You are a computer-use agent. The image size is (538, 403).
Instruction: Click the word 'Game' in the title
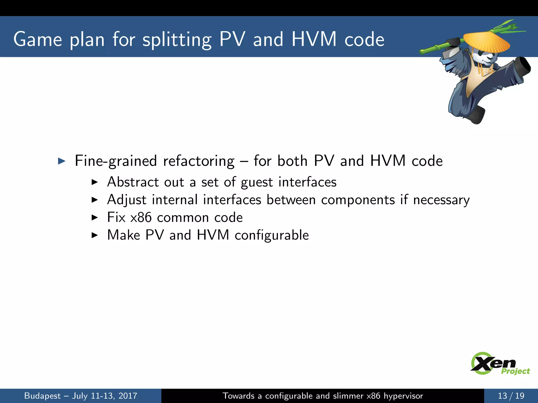point(38,39)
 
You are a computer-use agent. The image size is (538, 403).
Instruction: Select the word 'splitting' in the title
point(177,40)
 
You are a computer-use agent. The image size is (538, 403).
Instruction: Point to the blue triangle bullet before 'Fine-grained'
point(61,161)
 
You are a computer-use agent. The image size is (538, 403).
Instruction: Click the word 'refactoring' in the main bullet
point(199,161)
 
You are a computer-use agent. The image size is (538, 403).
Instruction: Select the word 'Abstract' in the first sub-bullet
point(133,182)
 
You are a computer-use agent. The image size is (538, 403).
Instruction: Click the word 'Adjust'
point(127,200)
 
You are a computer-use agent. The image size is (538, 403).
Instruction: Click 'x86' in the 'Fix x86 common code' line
point(141,218)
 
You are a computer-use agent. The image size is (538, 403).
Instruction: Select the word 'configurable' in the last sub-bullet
point(272,235)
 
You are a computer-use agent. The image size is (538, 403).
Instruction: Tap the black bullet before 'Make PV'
point(94,235)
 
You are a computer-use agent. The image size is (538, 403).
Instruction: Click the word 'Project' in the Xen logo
point(515,371)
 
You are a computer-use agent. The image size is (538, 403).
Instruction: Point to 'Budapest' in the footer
point(42,396)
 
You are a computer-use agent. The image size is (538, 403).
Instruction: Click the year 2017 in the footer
point(128,396)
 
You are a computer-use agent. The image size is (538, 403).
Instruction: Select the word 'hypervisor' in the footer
point(403,396)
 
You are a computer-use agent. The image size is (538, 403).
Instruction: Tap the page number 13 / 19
point(511,396)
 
